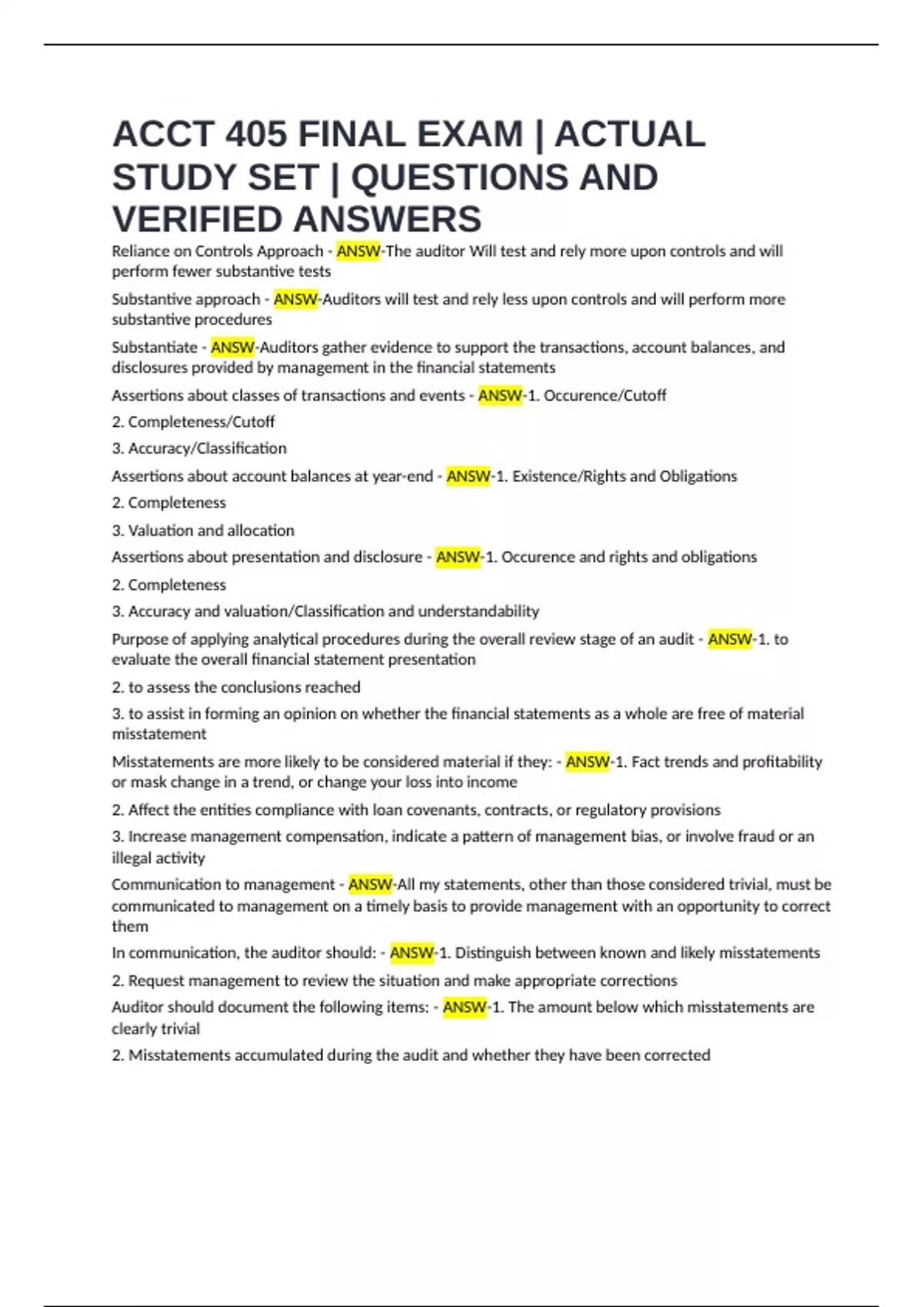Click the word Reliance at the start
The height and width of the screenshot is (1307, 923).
point(140,251)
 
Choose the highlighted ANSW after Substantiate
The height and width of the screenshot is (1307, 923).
point(232,348)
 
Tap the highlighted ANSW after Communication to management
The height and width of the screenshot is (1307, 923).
point(370,885)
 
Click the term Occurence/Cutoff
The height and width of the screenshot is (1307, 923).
point(605,396)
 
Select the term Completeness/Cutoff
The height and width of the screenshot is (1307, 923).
point(201,422)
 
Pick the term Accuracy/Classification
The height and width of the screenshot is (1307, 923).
point(207,448)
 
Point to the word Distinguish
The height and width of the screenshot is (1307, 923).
point(491,953)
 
